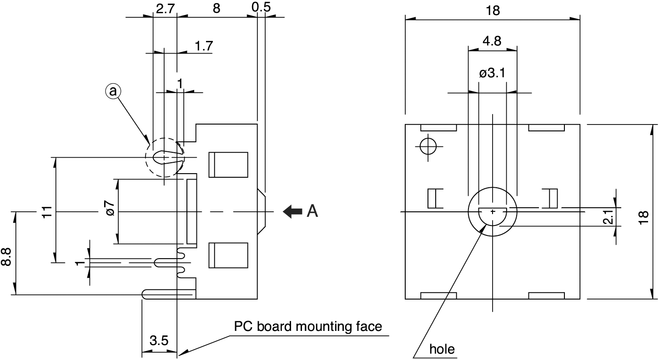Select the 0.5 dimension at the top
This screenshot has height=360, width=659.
tap(261, 7)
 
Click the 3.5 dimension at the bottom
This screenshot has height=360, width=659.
tap(159, 341)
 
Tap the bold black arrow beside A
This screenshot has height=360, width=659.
tap(292, 211)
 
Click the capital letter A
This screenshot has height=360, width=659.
tap(312, 211)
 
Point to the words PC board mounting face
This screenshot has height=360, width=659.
tap(308, 326)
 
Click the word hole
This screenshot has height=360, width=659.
tap(442, 349)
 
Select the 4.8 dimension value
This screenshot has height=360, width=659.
tap(492, 41)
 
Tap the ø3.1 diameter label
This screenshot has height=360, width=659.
tap(492, 73)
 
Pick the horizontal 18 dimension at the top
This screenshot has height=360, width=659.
tap(492, 10)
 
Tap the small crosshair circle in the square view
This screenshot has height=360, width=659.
tap(428, 146)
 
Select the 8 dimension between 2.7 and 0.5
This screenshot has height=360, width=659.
tap(216, 8)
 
